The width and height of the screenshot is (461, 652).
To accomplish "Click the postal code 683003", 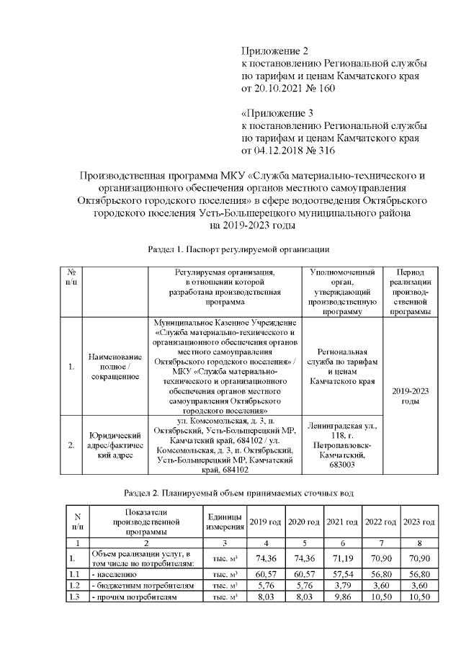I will pos(342,465).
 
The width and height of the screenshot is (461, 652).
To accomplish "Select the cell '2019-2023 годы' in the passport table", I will pos(409,396).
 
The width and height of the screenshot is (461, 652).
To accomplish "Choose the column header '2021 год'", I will pos(341,521).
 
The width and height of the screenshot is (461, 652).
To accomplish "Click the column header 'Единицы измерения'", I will pos(224,521).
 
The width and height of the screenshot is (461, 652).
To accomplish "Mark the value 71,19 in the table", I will pos(341,558).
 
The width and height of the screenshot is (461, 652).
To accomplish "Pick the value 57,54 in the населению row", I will pos(341,574).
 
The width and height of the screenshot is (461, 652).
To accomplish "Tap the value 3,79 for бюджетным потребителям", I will pos(341,586).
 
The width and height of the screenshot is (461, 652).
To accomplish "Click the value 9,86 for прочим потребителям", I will pos(341,597).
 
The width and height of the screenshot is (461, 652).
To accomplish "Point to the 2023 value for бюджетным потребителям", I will pos(419,586).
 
